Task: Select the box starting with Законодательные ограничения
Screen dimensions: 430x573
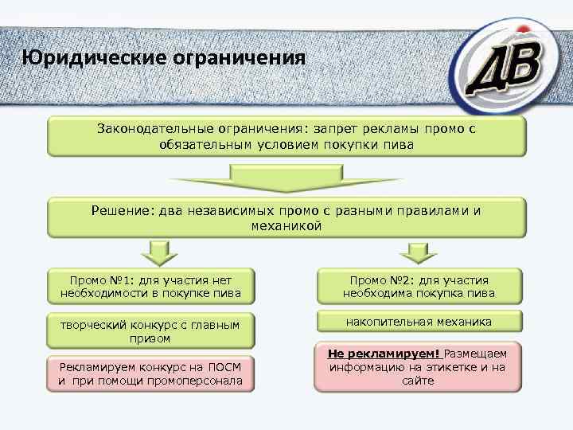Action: [x=286, y=136]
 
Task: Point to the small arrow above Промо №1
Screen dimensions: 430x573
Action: [x=158, y=252]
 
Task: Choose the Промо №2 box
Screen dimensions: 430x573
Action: [x=419, y=286]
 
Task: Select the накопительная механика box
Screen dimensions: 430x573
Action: [x=419, y=322]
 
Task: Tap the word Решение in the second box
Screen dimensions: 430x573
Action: [x=119, y=211]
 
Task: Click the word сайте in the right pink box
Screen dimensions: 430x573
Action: [x=419, y=381]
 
